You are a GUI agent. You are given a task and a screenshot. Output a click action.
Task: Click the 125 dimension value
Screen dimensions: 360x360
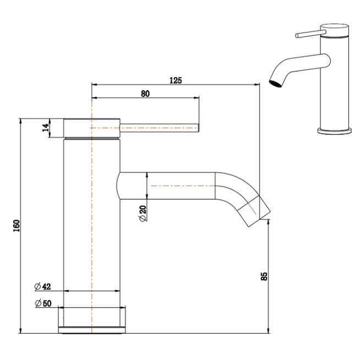(175, 80)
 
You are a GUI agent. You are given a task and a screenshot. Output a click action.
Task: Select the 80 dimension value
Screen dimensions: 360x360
(145, 94)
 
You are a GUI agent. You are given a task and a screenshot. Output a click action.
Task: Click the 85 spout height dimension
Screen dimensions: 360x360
(264, 275)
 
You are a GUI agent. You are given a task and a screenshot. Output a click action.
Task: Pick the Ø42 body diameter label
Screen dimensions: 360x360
(42, 286)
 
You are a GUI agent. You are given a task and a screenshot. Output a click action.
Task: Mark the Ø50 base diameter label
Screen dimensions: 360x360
(42, 304)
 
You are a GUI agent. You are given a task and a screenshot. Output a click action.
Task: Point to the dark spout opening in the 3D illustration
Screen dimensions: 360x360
(274, 84)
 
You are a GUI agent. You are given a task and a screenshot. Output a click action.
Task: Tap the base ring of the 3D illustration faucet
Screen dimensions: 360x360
(334, 130)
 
